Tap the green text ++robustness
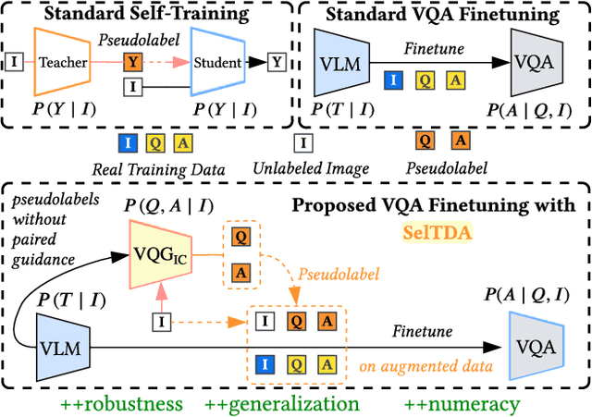coord(121,403)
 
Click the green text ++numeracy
coord(462,403)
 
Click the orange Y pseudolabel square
coord(133,63)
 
